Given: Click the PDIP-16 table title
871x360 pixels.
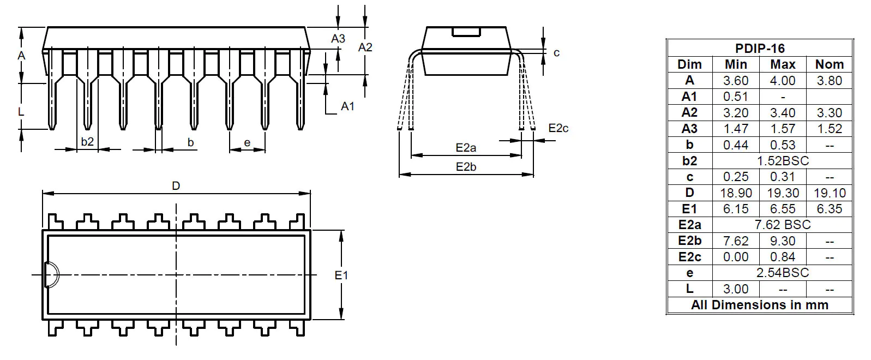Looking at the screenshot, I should [x=760, y=48].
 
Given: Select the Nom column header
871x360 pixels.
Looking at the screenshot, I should [x=829, y=64].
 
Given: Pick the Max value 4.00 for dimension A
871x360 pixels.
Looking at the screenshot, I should [x=782, y=81].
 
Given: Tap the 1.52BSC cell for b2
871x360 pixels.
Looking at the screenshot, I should [x=782, y=161].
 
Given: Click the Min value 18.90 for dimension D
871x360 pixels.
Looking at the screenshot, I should [x=736, y=193].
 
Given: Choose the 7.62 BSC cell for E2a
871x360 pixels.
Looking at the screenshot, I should [x=782, y=225].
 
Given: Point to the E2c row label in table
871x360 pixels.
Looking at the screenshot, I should [x=689, y=257].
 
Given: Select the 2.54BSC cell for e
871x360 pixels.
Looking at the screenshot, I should [x=782, y=273].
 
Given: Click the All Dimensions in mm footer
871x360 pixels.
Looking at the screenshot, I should [x=760, y=305].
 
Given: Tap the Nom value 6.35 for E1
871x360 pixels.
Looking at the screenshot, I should [x=829, y=209].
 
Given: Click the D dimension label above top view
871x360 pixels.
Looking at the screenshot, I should [x=176, y=186].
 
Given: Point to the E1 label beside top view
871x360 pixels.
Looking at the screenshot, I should [x=341, y=275].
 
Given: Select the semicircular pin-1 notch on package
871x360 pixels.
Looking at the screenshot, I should [x=51, y=274].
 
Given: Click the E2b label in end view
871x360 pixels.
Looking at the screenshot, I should [x=466, y=167].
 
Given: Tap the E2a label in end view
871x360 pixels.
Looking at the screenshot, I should [x=466, y=148].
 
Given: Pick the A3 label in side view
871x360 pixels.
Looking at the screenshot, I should [x=338, y=39].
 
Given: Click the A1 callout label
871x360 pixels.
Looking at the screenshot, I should [x=347, y=106].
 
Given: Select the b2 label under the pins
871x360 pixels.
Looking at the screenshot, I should [x=87, y=142].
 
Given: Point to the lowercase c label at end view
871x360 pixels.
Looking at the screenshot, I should [x=556, y=53].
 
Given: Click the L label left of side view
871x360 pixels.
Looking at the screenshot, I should [x=21, y=111].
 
